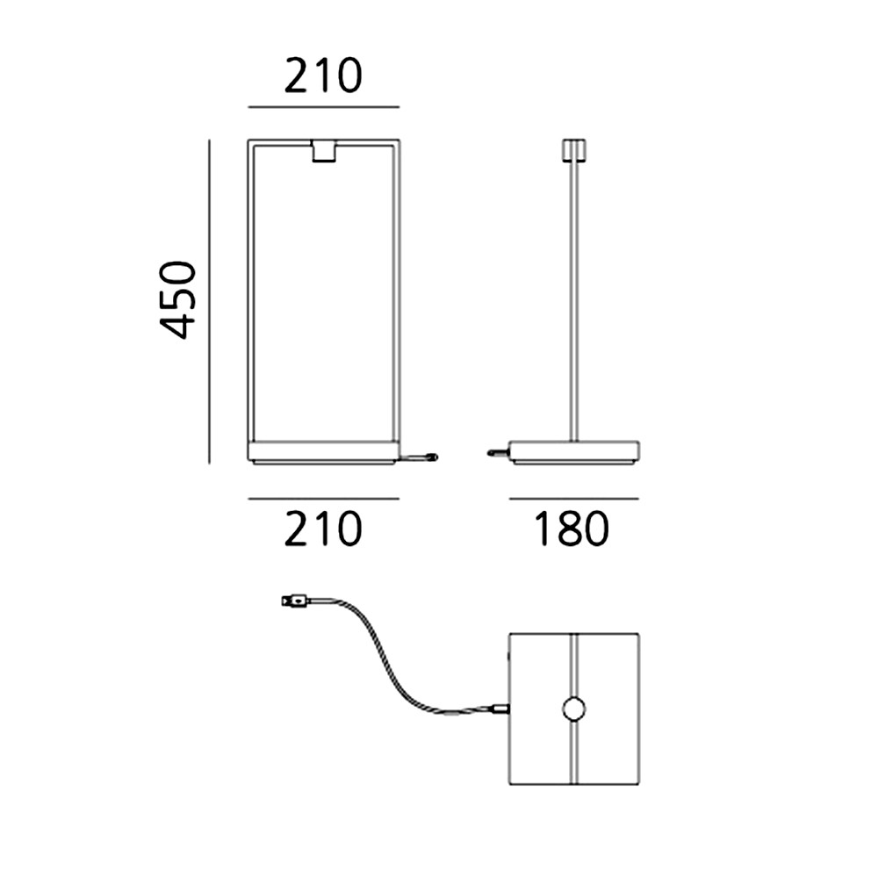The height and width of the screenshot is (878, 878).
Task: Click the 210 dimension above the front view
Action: click(x=323, y=76)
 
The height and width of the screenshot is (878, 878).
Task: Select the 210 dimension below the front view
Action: click(x=323, y=528)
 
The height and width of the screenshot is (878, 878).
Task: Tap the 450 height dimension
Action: click(x=178, y=299)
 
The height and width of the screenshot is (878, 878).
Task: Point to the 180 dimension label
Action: click(x=572, y=528)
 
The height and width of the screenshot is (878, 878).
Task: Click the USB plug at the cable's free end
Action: click(x=295, y=602)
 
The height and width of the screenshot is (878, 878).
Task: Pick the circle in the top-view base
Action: click(x=574, y=709)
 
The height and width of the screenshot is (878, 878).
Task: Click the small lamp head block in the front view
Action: click(x=324, y=152)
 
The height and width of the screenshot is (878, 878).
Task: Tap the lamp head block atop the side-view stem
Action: click(x=574, y=149)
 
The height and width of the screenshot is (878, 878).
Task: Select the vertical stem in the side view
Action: click(x=574, y=301)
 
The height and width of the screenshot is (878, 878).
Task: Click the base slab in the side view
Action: click(x=574, y=452)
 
